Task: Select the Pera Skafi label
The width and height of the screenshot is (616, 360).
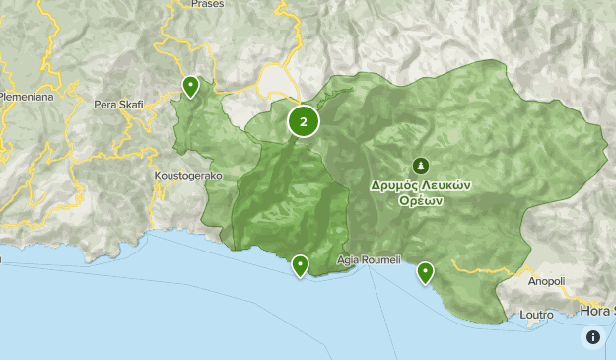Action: click(118, 104)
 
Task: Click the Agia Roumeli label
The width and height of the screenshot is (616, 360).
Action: click(369, 260)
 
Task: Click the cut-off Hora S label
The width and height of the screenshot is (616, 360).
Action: click(597, 310)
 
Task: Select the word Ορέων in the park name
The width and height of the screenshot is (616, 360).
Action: click(419, 199)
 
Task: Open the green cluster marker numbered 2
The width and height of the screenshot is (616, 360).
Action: click(304, 122)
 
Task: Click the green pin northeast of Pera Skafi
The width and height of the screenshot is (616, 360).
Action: click(190, 87)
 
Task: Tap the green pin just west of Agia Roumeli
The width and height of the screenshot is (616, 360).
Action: click(300, 264)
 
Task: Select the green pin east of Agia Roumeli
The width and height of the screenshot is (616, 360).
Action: click(426, 271)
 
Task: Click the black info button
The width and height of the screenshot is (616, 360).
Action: click(593, 337)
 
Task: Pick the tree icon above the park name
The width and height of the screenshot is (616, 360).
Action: click(420, 165)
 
